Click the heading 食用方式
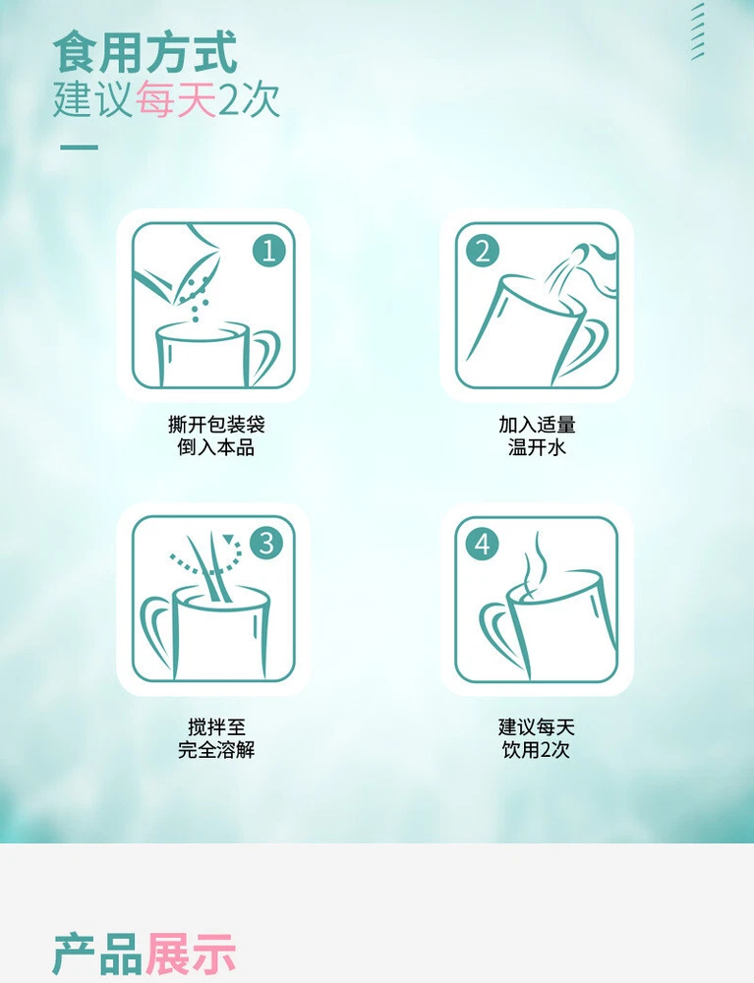click(x=145, y=53)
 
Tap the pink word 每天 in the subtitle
click(x=176, y=99)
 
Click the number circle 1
click(x=268, y=251)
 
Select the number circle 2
click(x=483, y=251)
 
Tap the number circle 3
click(x=266, y=543)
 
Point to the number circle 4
click(x=482, y=543)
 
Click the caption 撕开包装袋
click(x=216, y=425)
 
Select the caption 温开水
click(x=537, y=447)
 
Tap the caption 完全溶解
click(x=216, y=749)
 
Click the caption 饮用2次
click(x=536, y=749)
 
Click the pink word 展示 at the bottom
click(x=191, y=954)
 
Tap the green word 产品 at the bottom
click(x=97, y=954)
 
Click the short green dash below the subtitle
click(x=79, y=148)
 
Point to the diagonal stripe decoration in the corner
click(x=698, y=31)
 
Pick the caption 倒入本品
click(x=216, y=447)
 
